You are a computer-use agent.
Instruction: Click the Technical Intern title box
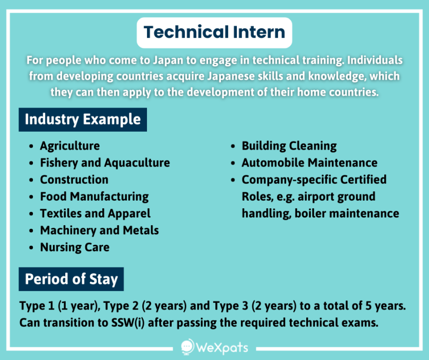[x=214, y=32]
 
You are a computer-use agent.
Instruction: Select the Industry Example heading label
[x=83, y=119]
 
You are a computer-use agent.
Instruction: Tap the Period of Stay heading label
[x=71, y=279]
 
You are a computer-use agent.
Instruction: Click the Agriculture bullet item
[x=70, y=146]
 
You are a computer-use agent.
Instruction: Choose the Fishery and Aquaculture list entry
[x=105, y=163]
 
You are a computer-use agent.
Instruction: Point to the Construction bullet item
[x=74, y=180]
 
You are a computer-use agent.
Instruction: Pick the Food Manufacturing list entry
[x=94, y=196]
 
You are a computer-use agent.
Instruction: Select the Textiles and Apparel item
[x=95, y=213]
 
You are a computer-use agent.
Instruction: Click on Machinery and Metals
[x=99, y=230]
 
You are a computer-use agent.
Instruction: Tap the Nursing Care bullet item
[x=74, y=247]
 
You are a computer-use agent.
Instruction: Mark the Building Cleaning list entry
[x=289, y=146]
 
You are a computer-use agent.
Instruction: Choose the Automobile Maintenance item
[x=309, y=163]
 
